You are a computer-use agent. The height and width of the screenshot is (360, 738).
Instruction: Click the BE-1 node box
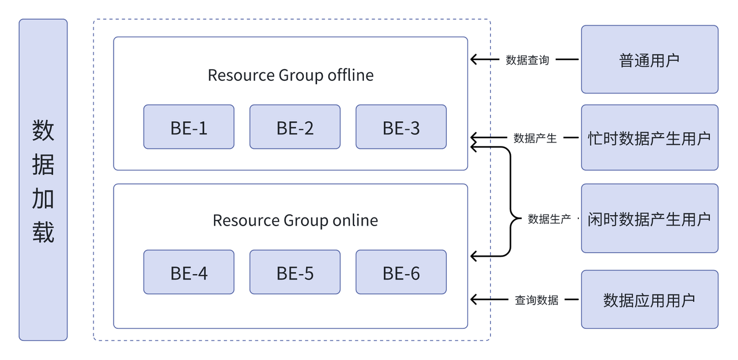(189, 127)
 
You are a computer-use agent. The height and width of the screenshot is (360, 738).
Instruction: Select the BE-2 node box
(295, 127)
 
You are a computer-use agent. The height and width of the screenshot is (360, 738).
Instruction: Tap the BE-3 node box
(401, 127)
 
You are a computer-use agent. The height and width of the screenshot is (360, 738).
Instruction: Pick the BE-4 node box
(189, 272)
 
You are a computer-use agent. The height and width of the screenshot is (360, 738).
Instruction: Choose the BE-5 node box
(295, 272)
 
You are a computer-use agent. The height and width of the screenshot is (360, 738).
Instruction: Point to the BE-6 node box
(401, 272)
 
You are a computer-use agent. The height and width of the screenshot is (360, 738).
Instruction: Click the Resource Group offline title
(291, 75)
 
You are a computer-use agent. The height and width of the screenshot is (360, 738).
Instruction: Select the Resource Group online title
(295, 220)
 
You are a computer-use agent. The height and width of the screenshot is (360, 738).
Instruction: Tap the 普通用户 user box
(649, 59)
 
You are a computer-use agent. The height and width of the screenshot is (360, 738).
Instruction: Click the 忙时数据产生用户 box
(649, 138)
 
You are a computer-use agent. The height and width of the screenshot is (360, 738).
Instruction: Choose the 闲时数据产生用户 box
(649, 219)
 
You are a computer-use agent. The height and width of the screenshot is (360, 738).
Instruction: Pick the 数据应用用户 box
(649, 299)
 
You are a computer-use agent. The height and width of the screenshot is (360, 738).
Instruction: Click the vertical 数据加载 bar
(43, 180)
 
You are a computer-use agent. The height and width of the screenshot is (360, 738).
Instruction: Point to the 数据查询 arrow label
(527, 59)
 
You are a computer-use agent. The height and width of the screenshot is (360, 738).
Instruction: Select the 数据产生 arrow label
(535, 138)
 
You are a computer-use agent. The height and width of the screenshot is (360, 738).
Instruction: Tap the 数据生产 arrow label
(549, 219)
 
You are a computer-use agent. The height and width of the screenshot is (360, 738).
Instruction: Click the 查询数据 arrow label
(536, 299)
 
